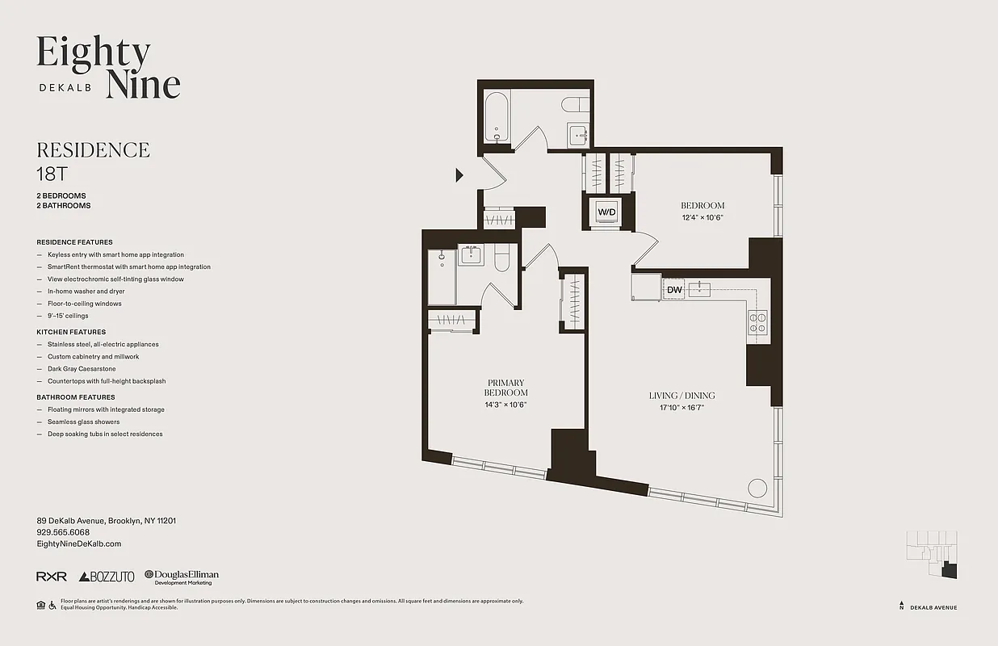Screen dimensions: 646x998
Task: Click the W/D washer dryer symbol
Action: coord(606,212)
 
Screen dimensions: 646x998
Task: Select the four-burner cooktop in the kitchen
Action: coord(757,322)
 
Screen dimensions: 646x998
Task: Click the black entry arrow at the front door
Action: coord(459,174)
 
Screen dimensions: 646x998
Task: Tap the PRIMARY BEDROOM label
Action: coord(505,388)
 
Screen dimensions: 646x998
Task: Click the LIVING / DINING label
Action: coord(681,396)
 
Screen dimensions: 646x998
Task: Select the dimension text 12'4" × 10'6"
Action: coord(702,217)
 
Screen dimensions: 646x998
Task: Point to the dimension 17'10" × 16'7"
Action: coord(681,408)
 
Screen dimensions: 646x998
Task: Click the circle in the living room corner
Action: coord(757,488)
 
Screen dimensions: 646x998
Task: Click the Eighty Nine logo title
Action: coord(108,67)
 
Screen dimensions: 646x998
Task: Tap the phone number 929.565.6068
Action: coord(63,533)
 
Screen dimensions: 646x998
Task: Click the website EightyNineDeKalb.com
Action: coord(79,544)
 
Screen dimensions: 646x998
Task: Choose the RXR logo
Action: coord(51,577)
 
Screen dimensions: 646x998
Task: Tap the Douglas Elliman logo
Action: coord(182,577)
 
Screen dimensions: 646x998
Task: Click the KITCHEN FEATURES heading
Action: coord(71,332)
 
